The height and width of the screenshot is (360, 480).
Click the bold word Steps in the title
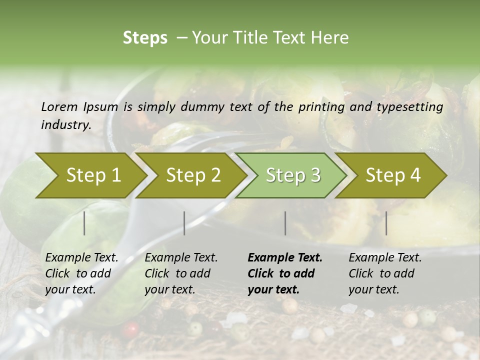tap(145, 38)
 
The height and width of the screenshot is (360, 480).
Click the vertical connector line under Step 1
tap(84, 223)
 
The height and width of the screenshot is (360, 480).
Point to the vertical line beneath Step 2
tap(184, 223)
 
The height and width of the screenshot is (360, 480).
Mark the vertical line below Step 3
tap(285, 223)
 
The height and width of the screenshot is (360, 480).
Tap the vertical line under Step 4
tap(386, 223)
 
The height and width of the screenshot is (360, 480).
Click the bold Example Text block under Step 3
tap(285, 273)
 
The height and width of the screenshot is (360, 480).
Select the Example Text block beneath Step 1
tap(81, 273)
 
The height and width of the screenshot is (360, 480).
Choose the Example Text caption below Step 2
tap(181, 273)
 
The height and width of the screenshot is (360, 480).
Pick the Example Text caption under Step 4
tap(385, 273)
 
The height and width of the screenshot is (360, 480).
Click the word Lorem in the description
tap(59, 107)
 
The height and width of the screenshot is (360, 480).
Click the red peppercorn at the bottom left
tap(131, 330)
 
